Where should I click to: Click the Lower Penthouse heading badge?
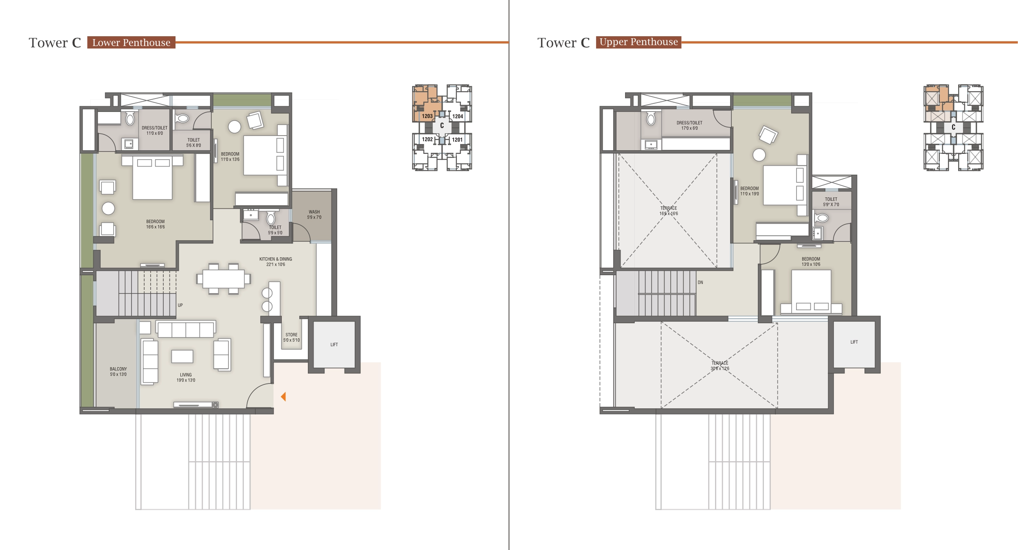[131, 42]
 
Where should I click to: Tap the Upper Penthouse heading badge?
[638, 42]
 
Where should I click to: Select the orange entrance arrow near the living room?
[283, 397]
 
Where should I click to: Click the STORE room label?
[291, 337]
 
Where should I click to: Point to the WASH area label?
[314, 215]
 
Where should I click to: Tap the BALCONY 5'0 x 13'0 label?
[118, 372]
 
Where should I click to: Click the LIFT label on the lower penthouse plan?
[334, 344]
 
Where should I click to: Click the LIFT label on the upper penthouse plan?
[854, 342]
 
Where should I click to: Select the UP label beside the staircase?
[180, 305]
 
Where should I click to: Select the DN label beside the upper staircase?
[700, 282]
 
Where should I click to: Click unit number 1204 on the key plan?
[457, 116]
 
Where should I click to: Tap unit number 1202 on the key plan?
[427, 139]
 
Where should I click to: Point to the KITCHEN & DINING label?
[276, 261]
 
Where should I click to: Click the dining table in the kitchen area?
[224, 279]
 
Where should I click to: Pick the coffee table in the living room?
[182, 356]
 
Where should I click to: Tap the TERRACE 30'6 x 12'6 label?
[720, 366]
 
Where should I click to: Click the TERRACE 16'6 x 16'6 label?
[668, 210]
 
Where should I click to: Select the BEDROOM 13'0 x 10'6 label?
[810, 261]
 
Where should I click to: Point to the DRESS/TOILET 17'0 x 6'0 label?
[689, 125]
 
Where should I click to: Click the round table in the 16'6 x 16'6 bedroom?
[108, 208]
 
